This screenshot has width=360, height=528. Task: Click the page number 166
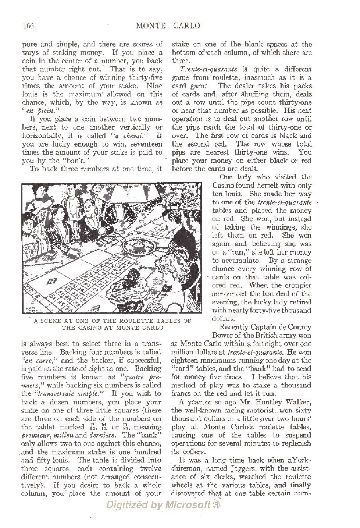click(x=28, y=26)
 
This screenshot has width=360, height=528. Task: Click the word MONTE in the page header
click(x=151, y=26)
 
